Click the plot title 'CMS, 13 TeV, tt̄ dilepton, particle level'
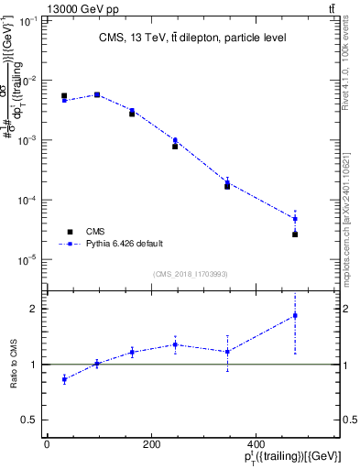pos(191,38)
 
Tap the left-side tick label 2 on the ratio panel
pos(34,309)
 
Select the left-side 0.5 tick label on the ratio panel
pos(30,420)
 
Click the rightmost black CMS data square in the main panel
pos(295,234)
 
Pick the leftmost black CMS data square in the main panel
pos(64,95)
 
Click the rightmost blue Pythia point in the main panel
pos(295,219)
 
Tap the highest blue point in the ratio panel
pos(295,316)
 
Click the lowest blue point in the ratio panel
pos(64,379)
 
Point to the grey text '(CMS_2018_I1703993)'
pos(191,273)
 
